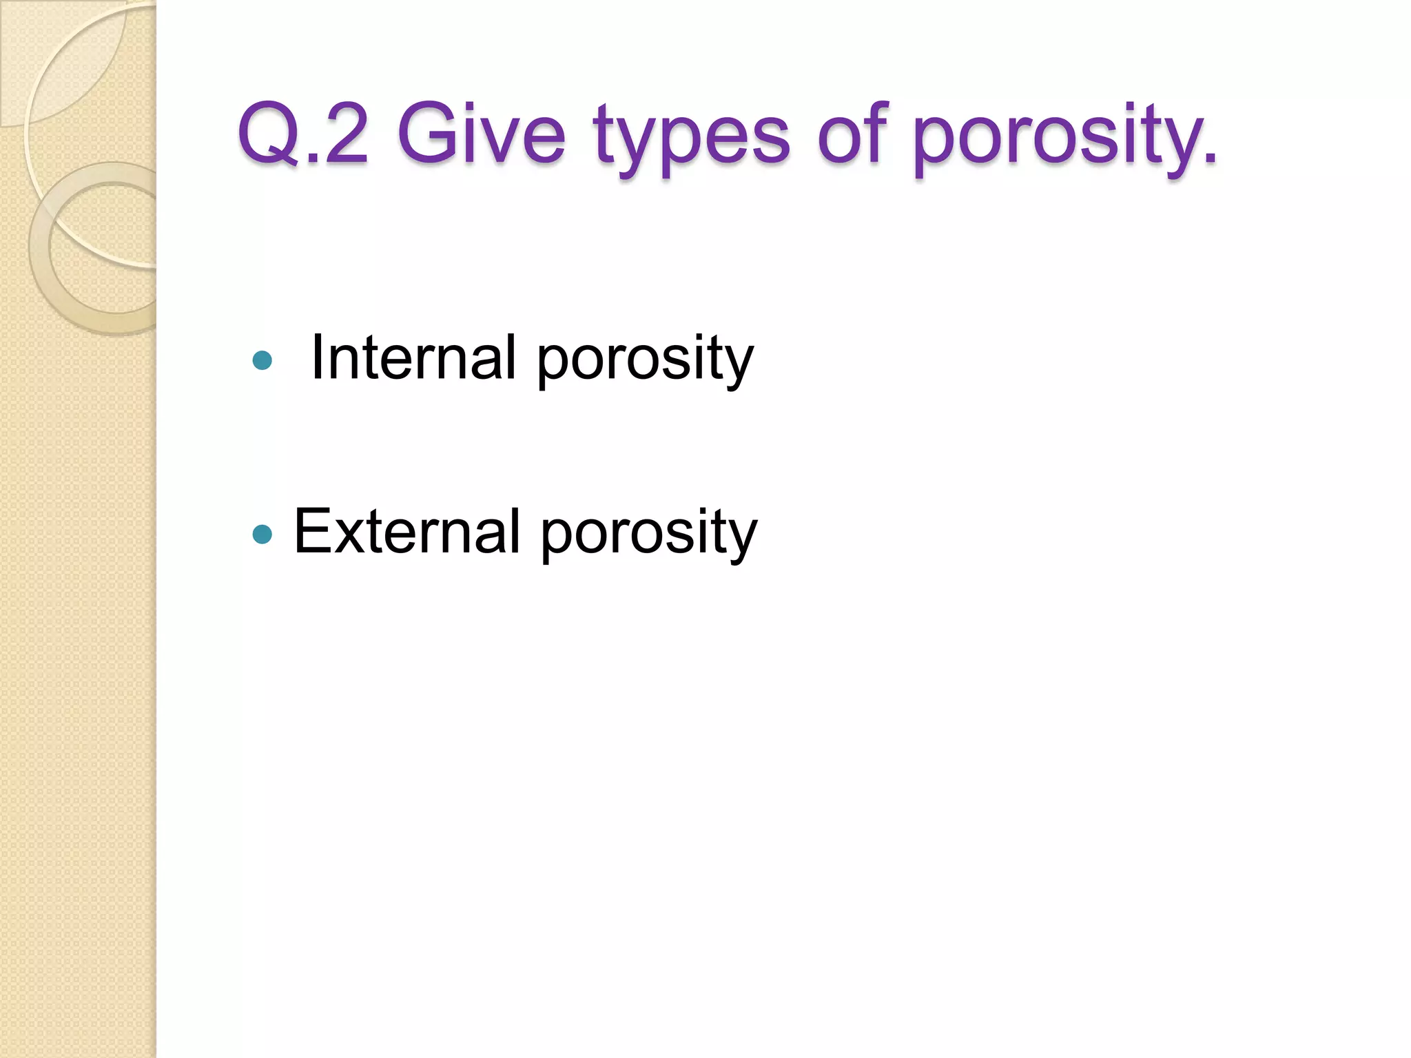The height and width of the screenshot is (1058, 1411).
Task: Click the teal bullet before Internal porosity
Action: coord(262,360)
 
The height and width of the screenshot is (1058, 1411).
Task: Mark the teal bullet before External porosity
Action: coord(262,534)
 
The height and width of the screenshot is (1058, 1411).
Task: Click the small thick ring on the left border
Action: coord(41,248)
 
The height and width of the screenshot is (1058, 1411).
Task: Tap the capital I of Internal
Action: coord(318,357)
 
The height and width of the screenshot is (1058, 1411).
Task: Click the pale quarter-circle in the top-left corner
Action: coord(55,55)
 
